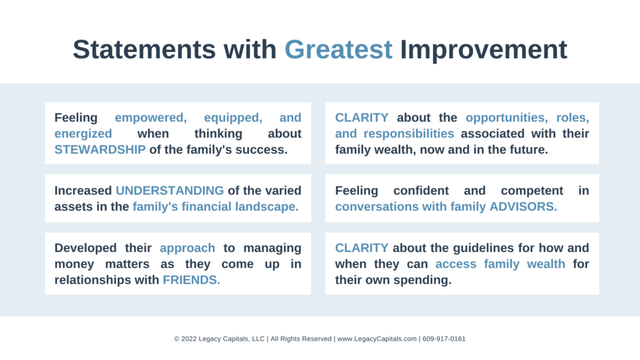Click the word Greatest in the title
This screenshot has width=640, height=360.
pyautogui.click(x=338, y=50)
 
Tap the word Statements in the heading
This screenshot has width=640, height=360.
pyautogui.click(x=144, y=49)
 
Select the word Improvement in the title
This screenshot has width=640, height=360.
pyautogui.click(x=484, y=50)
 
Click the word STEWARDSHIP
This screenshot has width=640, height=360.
pyautogui.click(x=100, y=149)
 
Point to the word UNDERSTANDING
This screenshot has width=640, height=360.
pyautogui.click(x=170, y=190)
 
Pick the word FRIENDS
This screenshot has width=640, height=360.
pyautogui.click(x=191, y=279)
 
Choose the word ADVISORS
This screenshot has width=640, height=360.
pyautogui.click(x=523, y=206)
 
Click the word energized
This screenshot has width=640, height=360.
pyautogui.click(x=83, y=134)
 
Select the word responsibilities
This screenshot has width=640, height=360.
pyautogui.click(x=409, y=134)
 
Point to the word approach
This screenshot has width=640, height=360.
pyautogui.click(x=187, y=248)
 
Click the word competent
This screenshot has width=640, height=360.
pyautogui.click(x=532, y=191)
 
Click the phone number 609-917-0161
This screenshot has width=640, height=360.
pyautogui.click(x=444, y=339)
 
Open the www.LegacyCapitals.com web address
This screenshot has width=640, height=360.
pyautogui.click(x=377, y=339)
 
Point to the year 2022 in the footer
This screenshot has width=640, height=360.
pyautogui.click(x=189, y=339)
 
